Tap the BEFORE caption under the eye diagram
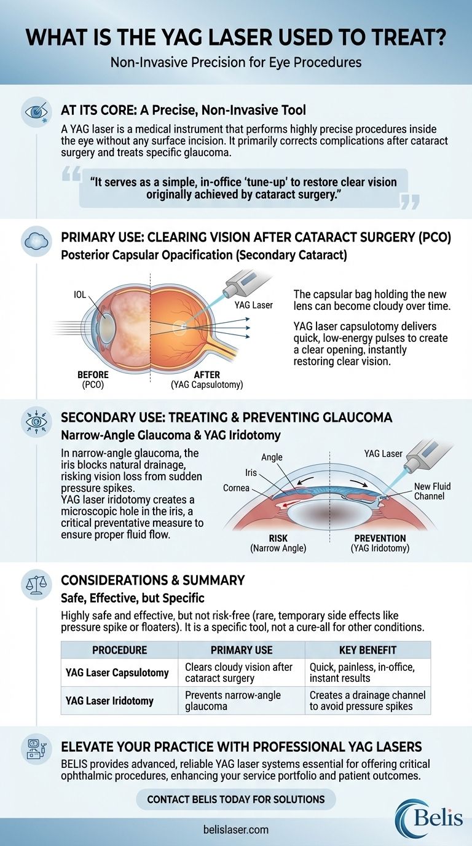93,374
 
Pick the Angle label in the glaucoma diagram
272,457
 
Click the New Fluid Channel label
432,491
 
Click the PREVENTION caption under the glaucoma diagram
379,538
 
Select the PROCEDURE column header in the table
119,650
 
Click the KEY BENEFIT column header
368,650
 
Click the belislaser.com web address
236,829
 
